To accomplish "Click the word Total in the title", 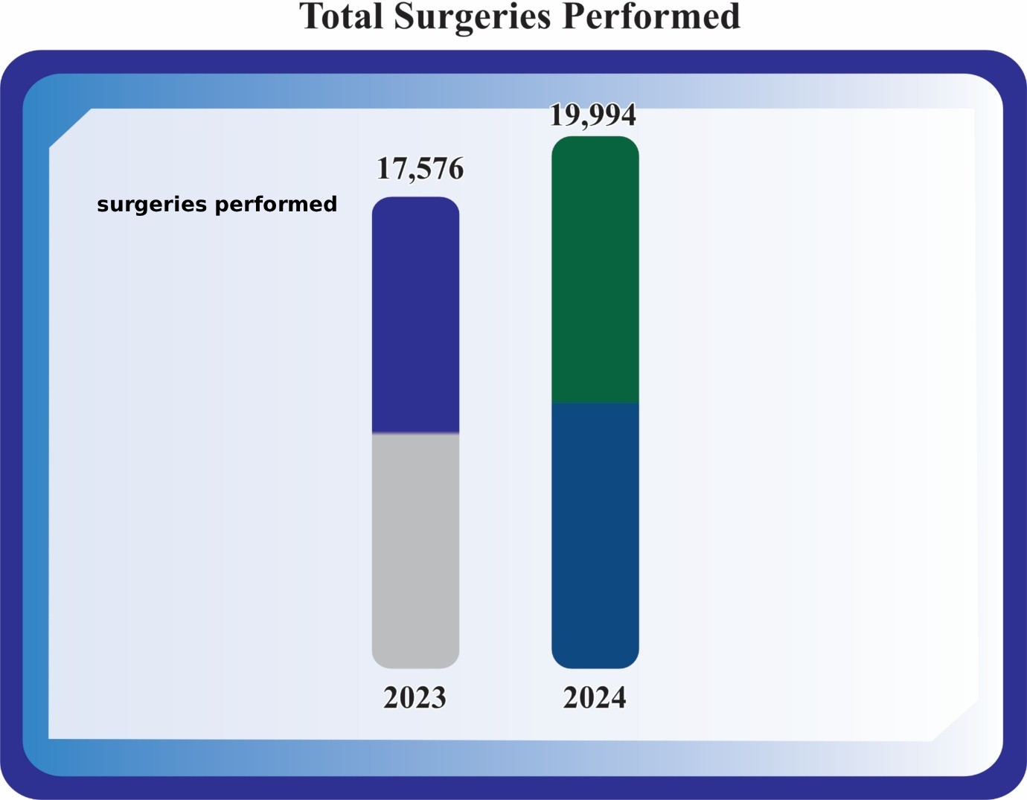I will (x=341, y=17).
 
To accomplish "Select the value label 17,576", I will (x=420, y=169).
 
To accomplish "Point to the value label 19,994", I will (x=593, y=115).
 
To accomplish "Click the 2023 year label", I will (x=415, y=698).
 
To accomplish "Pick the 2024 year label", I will (x=595, y=698).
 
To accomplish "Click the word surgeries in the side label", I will (x=152, y=204).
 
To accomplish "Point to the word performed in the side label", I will (x=275, y=204).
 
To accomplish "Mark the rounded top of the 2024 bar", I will (x=595, y=141).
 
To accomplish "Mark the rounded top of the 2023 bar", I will (x=415, y=202).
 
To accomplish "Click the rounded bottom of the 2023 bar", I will (x=415, y=662).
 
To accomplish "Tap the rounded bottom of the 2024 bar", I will (x=595, y=662).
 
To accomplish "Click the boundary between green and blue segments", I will (x=595, y=403).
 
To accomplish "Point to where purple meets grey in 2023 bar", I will (x=415, y=433).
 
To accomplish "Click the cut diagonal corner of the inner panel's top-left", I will (x=70, y=128).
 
